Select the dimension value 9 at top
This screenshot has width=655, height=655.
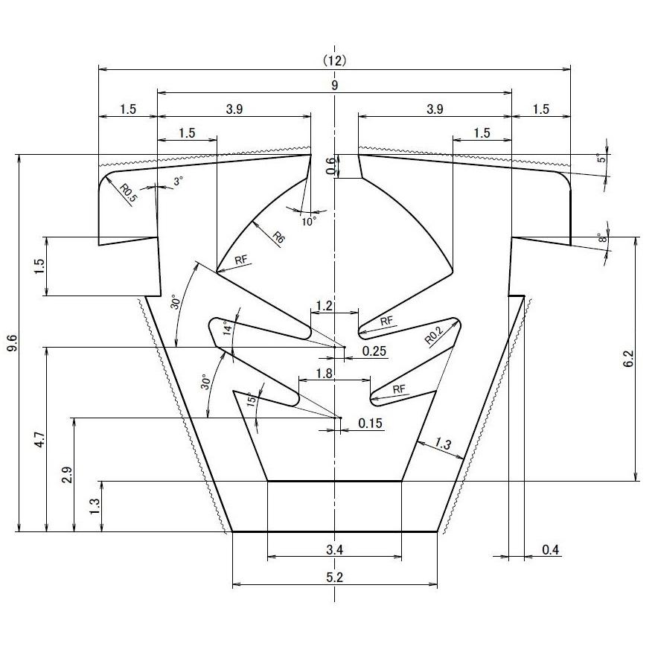[335, 86]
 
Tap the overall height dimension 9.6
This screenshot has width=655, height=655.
[13, 343]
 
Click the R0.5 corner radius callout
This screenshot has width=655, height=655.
[128, 194]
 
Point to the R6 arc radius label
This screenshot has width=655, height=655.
[278, 238]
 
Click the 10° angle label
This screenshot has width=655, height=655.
[309, 220]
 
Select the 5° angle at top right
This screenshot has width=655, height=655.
[603, 159]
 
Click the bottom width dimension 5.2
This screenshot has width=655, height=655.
[335, 577]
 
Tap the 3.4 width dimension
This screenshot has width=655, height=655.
[335, 549]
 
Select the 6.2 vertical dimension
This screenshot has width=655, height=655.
[629, 359]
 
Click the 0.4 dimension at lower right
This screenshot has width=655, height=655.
[550, 550]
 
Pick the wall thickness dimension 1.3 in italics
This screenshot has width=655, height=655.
[442, 444]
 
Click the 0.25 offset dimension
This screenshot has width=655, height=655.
[374, 351]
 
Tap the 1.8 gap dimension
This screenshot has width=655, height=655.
[325, 374]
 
